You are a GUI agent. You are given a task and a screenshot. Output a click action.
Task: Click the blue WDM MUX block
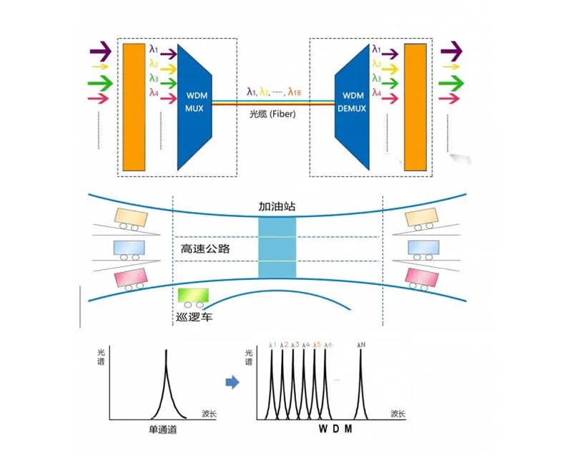tap(196, 107)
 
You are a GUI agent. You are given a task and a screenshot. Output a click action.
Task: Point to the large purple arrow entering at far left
tap(101, 52)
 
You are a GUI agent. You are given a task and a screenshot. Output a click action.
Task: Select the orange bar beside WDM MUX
tap(134, 107)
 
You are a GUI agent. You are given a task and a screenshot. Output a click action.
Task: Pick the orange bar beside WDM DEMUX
tap(415, 107)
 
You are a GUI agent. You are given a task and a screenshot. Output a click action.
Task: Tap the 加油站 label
tap(277, 206)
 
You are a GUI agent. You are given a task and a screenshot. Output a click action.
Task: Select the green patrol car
tap(192, 296)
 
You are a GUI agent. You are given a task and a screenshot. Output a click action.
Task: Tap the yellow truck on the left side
tap(130, 218)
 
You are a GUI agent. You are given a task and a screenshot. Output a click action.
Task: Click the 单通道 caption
tap(164, 430)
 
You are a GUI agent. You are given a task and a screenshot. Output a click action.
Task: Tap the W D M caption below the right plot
tap(335, 430)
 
